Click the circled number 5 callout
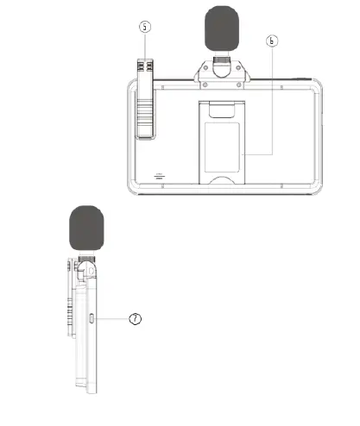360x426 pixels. point(145,27)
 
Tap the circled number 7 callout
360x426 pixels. point(134,319)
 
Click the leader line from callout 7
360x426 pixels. point(112,319)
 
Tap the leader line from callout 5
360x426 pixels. point(145,47)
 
